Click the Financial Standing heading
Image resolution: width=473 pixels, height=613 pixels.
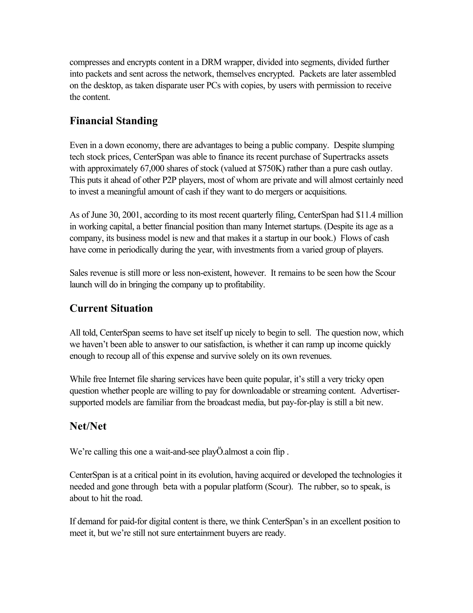click(x=113, y=121)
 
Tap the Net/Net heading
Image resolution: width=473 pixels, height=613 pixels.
click(x=88, y=426)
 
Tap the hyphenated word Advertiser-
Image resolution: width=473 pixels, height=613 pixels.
click(x=380, y=391)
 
